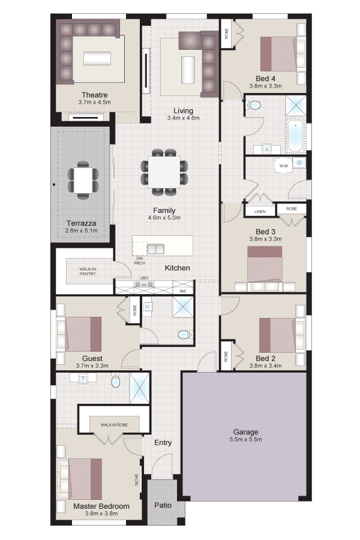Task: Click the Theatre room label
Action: point(94,95)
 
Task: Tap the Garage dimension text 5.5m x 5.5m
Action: point(245,439)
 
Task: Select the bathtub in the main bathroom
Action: point(295,137)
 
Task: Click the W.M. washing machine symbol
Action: point(284,166)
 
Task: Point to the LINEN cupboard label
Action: point(260,211)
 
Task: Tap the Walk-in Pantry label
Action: point(88,271)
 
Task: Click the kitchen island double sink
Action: point(155,248)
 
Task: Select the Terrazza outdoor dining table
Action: point(83,180)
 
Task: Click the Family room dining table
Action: point(164,172)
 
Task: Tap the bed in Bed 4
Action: point(278,54)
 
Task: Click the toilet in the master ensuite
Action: point(115,381)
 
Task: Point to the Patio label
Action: point(163,505)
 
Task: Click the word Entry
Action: point(163,443)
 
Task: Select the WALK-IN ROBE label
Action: point(114,425)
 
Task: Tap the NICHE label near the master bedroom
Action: point(136,480)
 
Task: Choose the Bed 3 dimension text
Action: point(265,239)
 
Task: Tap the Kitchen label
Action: point(178,268)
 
